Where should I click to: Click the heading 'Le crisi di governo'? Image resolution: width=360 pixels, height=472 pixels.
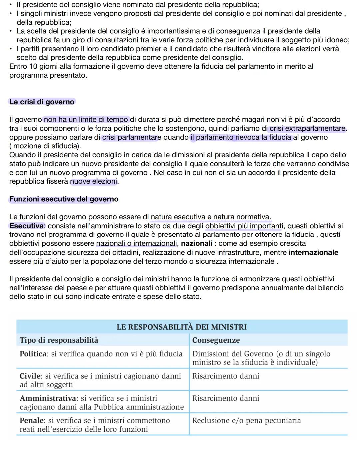tap(42, 102)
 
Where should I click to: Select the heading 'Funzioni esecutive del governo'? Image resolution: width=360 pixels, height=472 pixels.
tap(64, 199)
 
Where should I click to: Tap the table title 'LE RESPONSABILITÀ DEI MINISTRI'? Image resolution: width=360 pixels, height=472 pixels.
tap(182, 327)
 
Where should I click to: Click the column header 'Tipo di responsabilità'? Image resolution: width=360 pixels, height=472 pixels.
tap(59, 340)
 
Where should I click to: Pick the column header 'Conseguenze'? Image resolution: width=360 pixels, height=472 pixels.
tap(216, 340)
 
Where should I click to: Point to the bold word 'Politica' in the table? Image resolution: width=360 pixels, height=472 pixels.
tap(33, 354)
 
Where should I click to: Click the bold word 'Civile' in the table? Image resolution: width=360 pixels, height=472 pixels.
tap(31, 376)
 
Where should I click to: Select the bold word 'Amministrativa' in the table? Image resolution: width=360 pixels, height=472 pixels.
tap(48, 398)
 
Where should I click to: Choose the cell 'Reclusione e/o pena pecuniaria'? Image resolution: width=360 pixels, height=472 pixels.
tap(246, 421)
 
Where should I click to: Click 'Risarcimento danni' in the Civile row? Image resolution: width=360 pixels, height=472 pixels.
tap(226, 376)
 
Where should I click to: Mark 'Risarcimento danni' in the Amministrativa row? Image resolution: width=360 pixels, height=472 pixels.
tap(226, 398)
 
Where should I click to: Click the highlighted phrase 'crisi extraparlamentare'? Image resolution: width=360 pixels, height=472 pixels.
tap(307, 129)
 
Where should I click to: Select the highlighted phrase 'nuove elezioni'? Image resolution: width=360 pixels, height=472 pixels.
tap(94, 182)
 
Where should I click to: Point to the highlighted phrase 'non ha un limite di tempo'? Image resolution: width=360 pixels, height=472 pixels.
tap(86, 120)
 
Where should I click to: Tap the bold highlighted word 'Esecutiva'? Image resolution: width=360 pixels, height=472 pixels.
tap(27, 226)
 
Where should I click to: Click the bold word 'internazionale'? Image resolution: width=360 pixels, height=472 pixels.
tap(313, 253)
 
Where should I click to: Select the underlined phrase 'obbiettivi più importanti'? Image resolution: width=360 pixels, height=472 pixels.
tap(243, 226)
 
